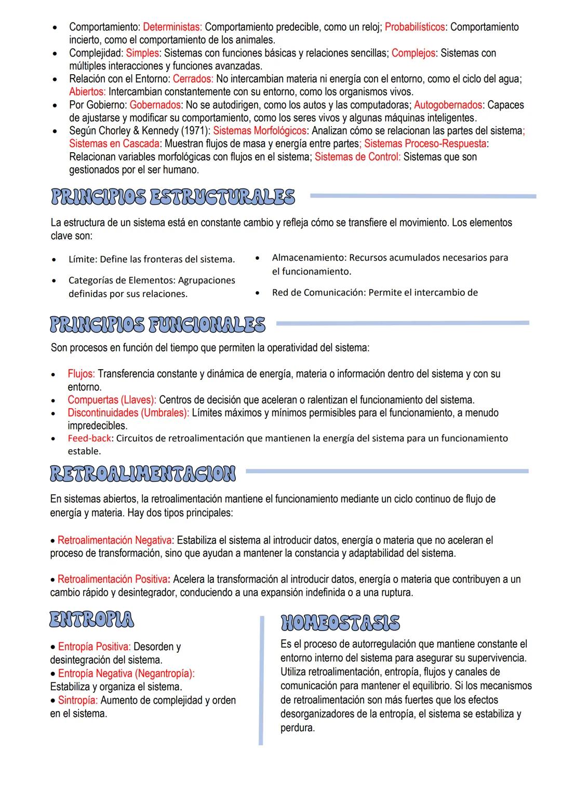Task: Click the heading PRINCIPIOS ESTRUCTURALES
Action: point(172,197)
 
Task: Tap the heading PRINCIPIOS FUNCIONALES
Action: point(157,325)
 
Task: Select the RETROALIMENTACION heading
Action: point(142,473)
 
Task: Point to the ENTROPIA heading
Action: point(91,619)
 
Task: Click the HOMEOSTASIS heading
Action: point(340,622)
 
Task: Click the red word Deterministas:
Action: point(173,26)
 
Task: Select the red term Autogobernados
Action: point(448,105)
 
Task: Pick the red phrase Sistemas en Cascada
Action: point(114,143)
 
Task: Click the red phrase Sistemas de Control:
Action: point(357,157)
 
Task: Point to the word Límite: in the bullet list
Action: point(83,259)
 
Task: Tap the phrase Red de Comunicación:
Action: point(318,292)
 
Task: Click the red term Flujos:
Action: point(81,374)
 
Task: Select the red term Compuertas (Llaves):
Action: point(112,400)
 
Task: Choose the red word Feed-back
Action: point(89,438)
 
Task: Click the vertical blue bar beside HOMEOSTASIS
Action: point(261,680)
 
